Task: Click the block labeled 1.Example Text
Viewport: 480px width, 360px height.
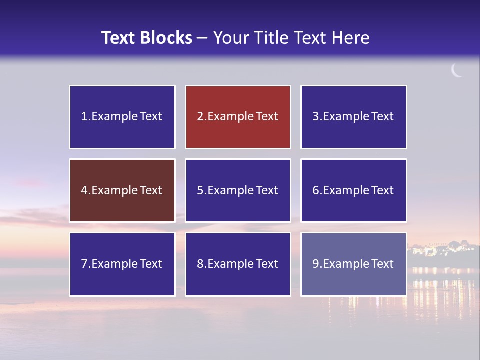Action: click(122, 117)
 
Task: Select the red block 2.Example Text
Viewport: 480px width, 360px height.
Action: click(238, 117)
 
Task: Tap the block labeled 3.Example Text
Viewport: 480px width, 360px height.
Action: click(353, 117)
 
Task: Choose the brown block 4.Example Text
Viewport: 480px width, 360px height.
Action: click(122, 190)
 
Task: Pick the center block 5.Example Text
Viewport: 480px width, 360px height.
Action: click(238, 190)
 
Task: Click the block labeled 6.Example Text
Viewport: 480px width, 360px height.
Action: click(353, 190)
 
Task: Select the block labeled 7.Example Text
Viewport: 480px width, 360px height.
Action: click(122, 264)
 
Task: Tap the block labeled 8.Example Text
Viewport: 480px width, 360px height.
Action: click(238, 264)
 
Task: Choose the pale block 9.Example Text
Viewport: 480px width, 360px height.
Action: click(353, 264)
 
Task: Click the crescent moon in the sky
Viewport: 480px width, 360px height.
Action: click(456, 71)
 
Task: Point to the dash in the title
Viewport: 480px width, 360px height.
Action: click(202, 38)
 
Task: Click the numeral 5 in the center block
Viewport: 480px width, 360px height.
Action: click(200, 190)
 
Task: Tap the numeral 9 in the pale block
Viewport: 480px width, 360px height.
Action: click(315, 264)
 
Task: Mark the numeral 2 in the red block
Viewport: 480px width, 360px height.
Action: click(200, 117)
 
